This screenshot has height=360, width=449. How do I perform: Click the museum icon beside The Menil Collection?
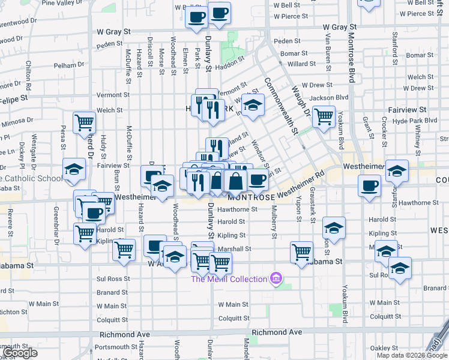(276, 278)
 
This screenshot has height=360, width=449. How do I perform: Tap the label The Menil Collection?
(229, 279)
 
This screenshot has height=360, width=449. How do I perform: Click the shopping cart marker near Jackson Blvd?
(324, 117)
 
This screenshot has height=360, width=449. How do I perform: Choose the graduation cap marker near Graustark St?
(334, 229)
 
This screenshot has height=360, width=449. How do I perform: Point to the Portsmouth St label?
(115, 347)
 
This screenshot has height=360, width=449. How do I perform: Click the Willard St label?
(297, 64)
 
